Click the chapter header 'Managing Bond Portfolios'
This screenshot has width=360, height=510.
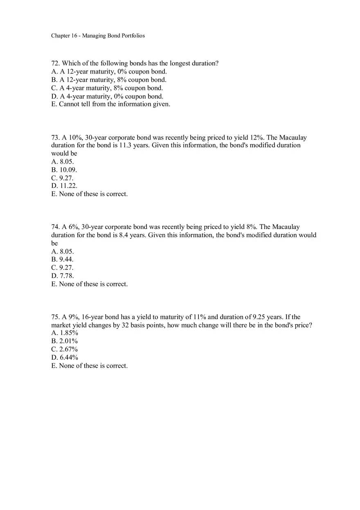coord(113,36)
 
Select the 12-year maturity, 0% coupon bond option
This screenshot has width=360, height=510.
coord(109,72)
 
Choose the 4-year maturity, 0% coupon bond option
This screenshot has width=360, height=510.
coord(107,97)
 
